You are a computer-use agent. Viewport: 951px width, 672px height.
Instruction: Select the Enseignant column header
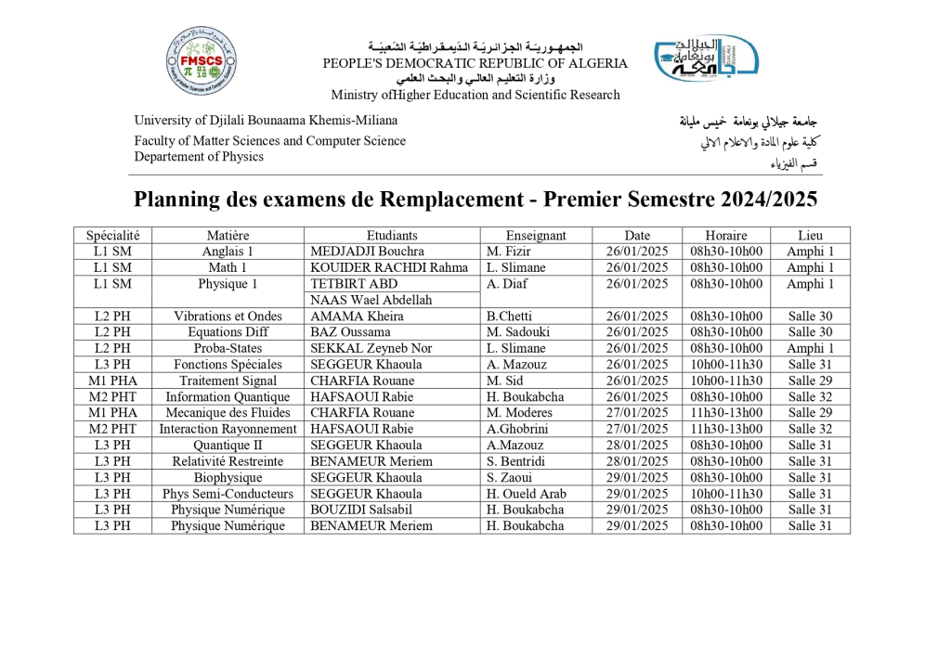tap(535, 236)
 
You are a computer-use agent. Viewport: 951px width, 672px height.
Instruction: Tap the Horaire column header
tap(725, 236)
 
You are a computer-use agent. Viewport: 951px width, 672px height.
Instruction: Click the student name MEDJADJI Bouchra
tap(367, 252)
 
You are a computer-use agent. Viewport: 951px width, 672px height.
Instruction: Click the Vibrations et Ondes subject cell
tap(228, 317)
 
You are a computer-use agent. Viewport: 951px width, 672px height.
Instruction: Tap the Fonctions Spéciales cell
tap(228, 365)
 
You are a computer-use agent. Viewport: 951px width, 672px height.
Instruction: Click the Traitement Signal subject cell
tap(228, 381)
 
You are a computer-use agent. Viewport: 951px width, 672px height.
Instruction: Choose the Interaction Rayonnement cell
tap(228, 429)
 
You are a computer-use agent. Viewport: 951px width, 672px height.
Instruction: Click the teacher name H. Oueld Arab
tap(526, 494)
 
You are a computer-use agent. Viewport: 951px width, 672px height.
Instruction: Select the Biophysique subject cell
tap(228, 478)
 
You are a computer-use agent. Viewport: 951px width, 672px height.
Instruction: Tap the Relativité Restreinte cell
tap(228, 461)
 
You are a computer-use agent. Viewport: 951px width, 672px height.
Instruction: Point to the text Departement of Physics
tap(199, 157)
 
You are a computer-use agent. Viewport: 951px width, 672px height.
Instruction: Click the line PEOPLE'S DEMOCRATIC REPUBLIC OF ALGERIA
tap(475, 64)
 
